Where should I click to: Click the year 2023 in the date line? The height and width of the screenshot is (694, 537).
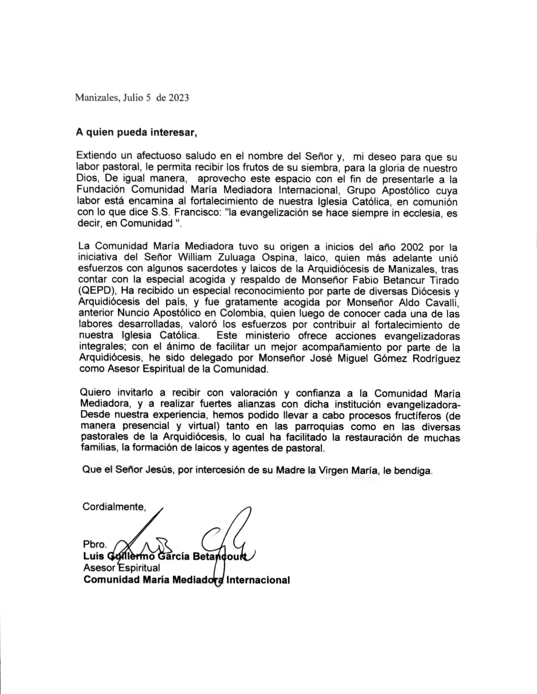pos(179,98)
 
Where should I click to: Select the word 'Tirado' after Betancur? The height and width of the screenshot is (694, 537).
pos(443,280)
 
